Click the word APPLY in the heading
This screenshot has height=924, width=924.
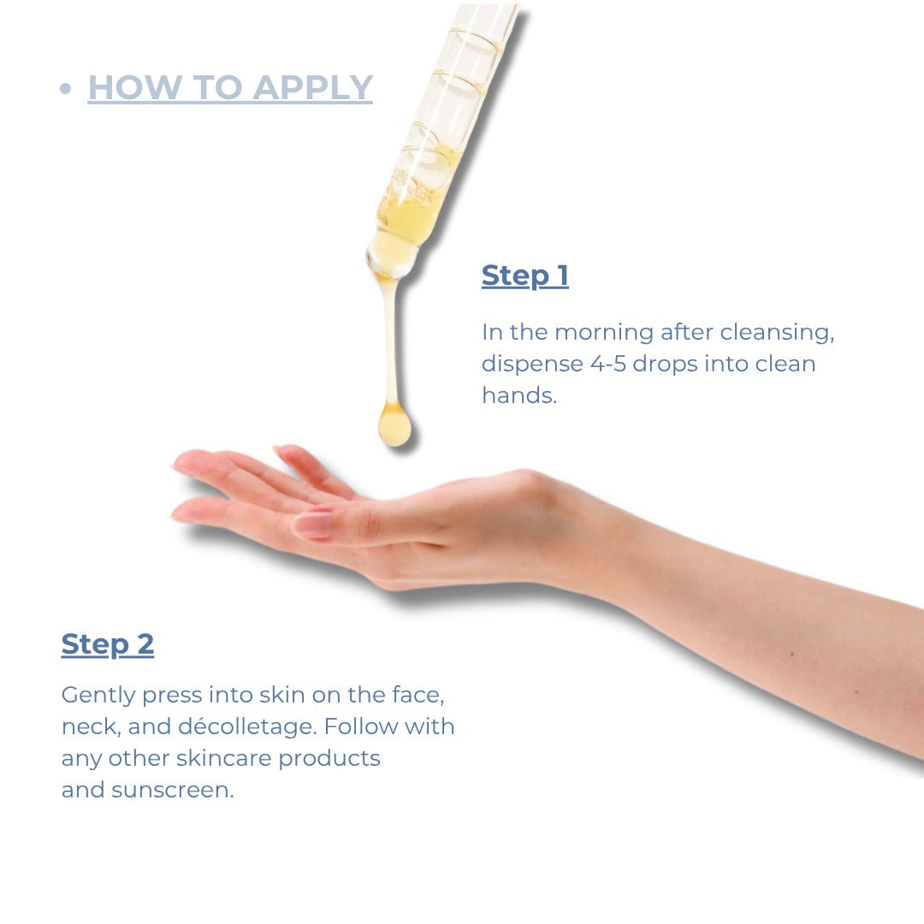313,88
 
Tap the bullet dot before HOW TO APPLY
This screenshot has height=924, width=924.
65,88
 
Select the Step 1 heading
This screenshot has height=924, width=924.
525,275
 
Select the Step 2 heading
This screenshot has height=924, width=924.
108,645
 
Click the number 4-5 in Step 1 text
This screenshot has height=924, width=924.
608,364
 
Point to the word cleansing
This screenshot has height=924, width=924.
777,333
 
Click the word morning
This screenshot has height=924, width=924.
604,333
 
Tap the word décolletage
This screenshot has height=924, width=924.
247,726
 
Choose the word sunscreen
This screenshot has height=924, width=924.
173,791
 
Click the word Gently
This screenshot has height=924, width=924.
98,696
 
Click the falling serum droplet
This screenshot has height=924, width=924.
394,424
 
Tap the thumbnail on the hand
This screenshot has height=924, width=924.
313,524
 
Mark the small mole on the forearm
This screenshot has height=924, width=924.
792,654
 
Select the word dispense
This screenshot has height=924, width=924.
532,364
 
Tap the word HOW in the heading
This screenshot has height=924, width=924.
135,88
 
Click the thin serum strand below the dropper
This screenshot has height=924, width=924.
389,341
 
